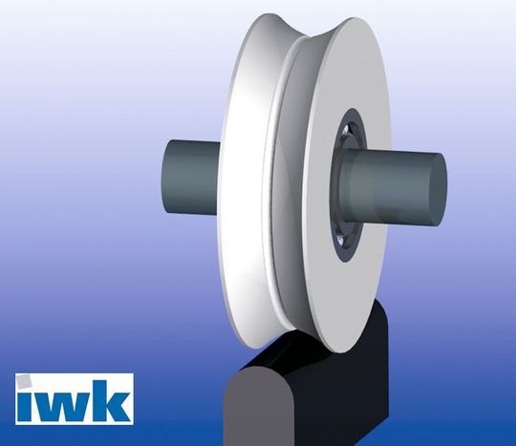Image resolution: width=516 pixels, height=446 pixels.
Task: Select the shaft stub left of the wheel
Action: pyautogui.click(x=186, y=178)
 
